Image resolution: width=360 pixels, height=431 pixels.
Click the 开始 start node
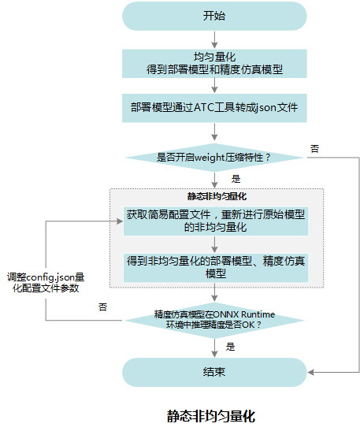(x=214, y=16)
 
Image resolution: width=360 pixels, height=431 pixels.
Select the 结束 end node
(x=214, y=372)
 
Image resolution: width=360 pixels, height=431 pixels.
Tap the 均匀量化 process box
(x=214, y=64)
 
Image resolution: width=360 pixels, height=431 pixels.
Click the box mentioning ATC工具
(x=214, y=108)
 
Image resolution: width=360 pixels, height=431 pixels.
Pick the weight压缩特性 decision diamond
(x=214, y=158)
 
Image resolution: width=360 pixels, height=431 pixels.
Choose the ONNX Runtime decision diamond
(x=214, y=320)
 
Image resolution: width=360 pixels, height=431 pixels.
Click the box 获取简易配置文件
(x=216, y=221)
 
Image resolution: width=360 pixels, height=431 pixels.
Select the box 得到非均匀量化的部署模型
(x=216, y=267)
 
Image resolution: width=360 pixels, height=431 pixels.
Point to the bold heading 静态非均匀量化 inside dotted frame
(x=217, y=196)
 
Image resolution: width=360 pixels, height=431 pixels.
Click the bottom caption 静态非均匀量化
(x=211, y=416)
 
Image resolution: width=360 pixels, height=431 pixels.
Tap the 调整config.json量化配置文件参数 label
(x=46, y=283)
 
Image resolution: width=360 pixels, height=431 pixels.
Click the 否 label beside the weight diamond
(x=314, y=149)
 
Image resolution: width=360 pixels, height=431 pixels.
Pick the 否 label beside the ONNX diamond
(x=102, y=307)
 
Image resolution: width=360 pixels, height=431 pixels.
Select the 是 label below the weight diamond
(x=236, y=179)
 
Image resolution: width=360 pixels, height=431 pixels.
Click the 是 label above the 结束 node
(x=230, y=347)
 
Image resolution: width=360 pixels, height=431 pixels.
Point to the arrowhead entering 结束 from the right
(x=310, y=373)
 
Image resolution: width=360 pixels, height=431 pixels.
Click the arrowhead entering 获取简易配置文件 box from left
(x=120, y=221)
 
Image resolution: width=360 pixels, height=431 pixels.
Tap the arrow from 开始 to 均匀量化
(x=214, y=40)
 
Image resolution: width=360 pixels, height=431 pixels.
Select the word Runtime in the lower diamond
(x=258, y=314)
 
